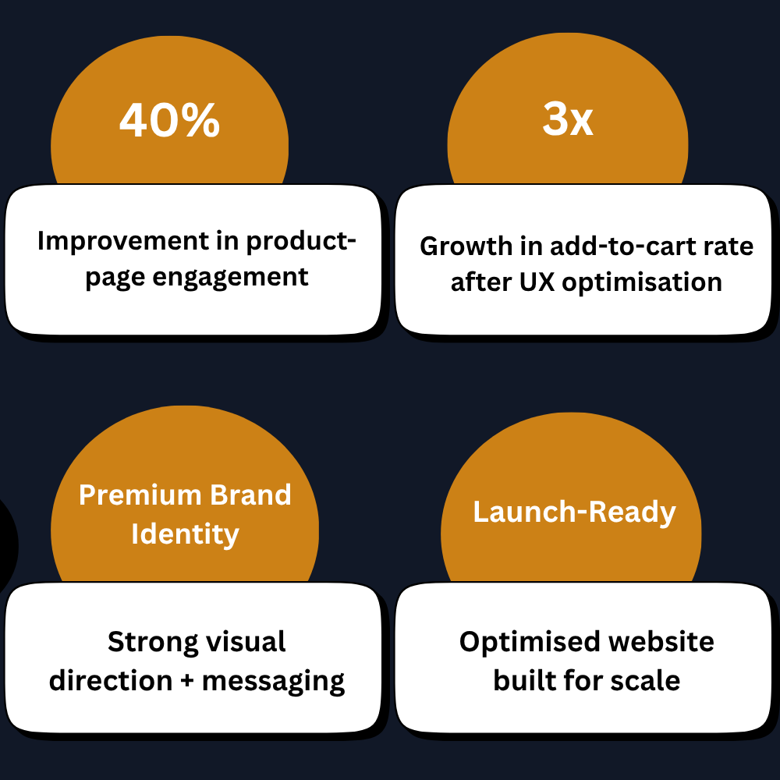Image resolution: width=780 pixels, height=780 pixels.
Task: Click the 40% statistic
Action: [169, 120]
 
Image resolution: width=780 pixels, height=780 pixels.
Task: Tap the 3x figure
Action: [568, 119]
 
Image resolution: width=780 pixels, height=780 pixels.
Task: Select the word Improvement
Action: [124, 241]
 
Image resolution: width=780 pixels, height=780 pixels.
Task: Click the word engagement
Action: [230, 278]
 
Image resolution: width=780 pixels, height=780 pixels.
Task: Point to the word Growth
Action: [466, 246]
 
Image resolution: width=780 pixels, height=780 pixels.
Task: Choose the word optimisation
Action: [642, 282]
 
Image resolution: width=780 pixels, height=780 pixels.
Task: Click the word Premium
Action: [140, 495]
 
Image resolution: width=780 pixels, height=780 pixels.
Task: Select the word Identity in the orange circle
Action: [185, 534]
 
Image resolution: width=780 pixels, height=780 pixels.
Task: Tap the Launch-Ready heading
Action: [575, 512]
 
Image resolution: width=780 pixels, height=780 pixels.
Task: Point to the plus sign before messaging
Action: [187, 681]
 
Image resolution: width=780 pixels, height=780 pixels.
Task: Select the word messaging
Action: [273, 682]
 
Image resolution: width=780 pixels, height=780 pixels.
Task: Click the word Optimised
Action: [530, 642]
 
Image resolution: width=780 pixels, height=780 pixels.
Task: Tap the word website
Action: [661, 641]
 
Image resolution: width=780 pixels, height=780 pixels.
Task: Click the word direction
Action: [111, 680]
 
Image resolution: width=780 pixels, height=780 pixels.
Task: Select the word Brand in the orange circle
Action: [250, 495]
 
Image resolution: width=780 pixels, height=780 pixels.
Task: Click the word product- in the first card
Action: [301, 242]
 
